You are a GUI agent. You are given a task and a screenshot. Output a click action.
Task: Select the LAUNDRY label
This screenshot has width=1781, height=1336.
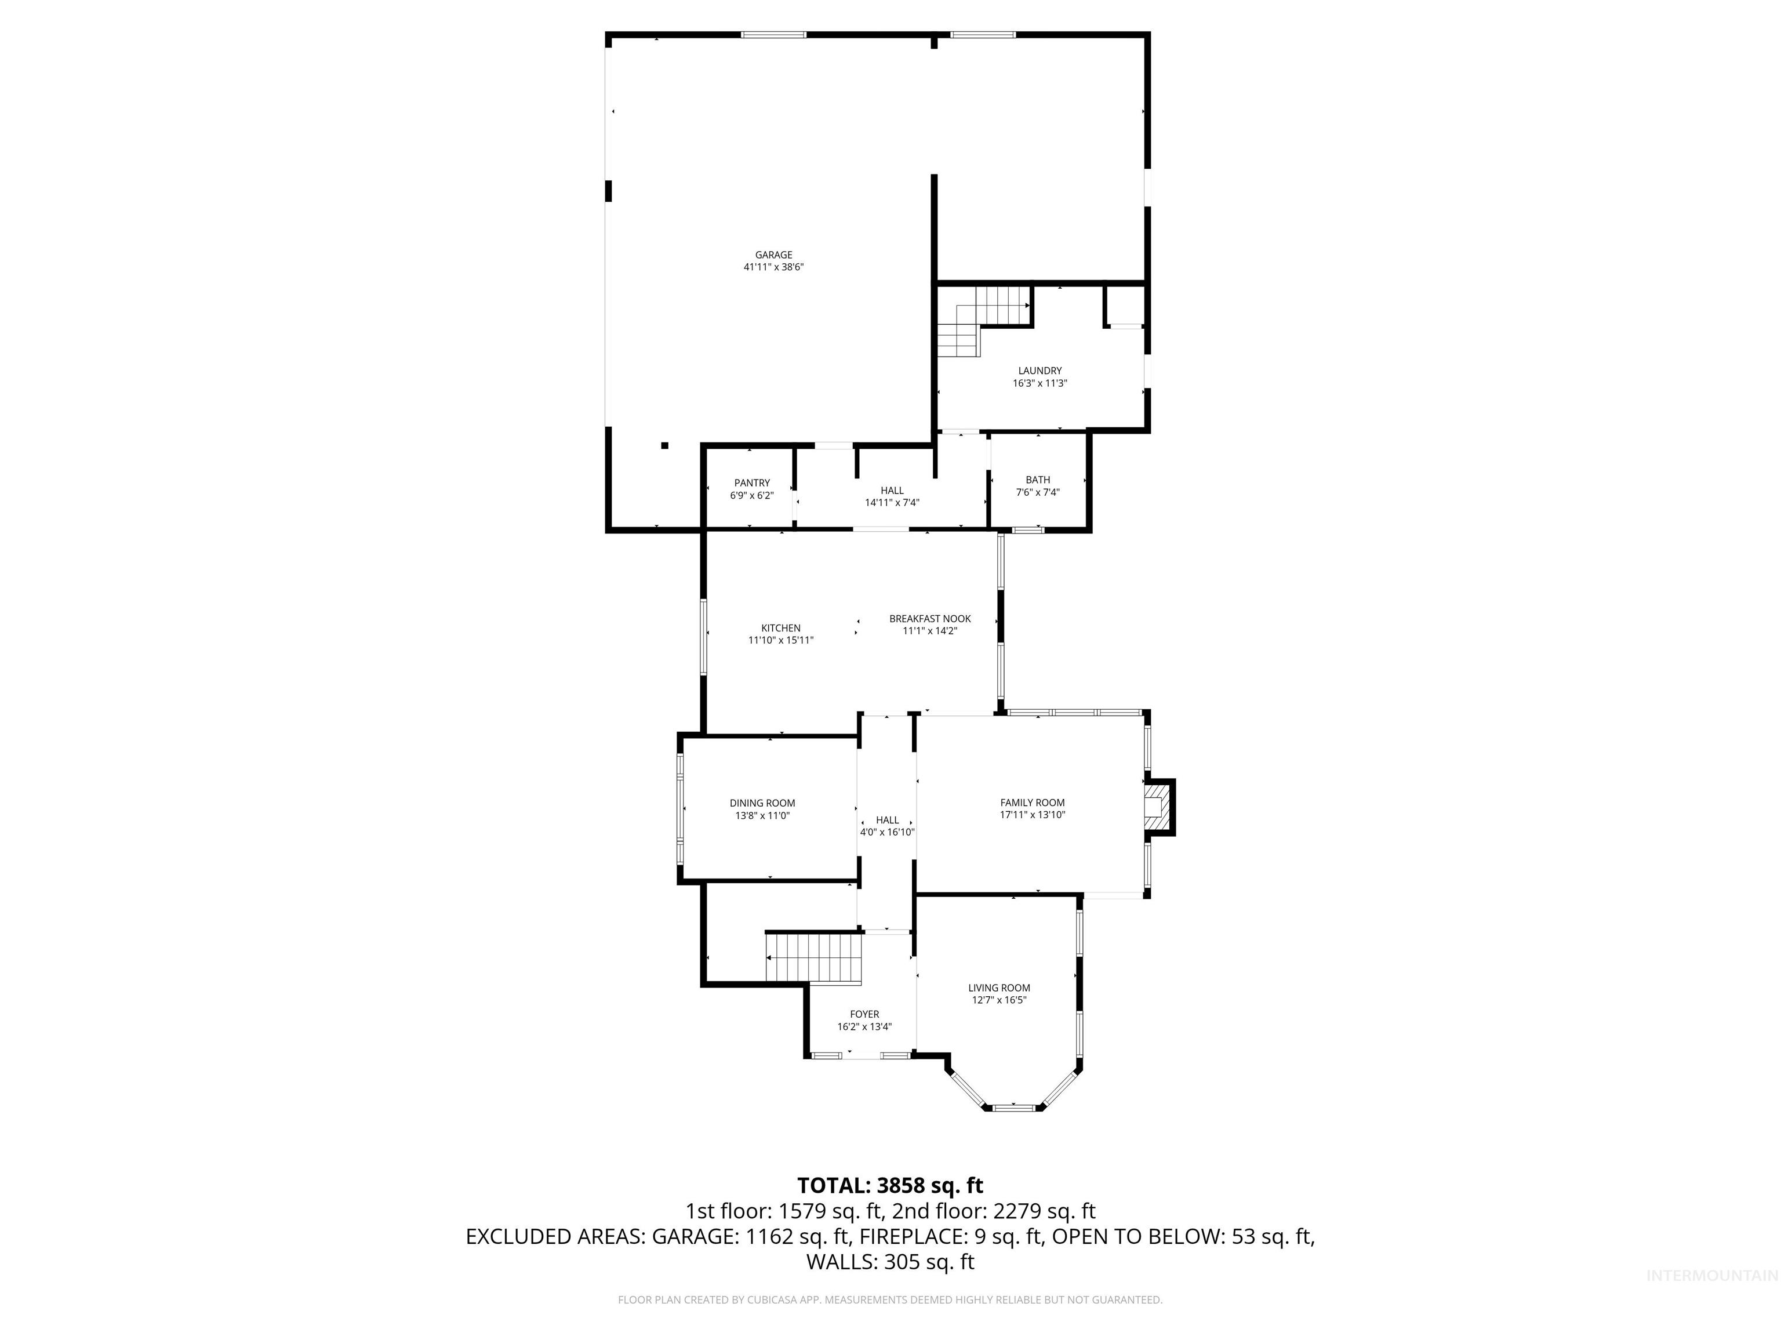pos(1039,371)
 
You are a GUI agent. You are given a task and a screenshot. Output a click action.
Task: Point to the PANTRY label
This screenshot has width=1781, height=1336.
pos(751,483)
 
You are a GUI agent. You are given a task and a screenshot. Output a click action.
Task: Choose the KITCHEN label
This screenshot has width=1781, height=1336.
pos(780,628)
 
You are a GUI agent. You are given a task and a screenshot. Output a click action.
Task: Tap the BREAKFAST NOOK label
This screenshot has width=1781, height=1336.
pos(929,619)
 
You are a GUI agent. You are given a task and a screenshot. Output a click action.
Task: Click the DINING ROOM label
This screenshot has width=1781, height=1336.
pos(762,803)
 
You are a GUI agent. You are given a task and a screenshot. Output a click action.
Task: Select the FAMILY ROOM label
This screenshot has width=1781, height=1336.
pos(1031,802)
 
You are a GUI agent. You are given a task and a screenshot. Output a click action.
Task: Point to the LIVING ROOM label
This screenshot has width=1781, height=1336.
pos(998,988)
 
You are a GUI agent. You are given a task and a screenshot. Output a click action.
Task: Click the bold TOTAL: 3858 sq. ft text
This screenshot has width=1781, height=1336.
pos(890,1185)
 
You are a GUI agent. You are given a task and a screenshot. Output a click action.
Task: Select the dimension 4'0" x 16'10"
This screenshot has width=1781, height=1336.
pos(886,832)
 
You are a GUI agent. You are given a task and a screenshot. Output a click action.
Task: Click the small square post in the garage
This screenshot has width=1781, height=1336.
pos(664,445)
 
